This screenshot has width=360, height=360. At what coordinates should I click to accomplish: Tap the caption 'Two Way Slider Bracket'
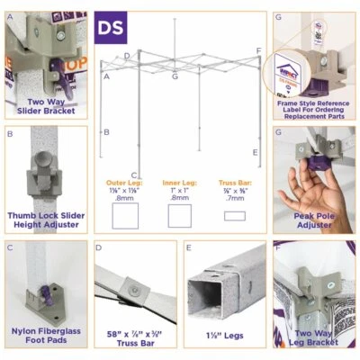click(x=44, y=107)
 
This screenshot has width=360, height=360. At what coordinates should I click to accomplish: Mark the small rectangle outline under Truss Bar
click(x=236, y=216)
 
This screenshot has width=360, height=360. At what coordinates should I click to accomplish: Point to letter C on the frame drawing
click(x=133, y=175)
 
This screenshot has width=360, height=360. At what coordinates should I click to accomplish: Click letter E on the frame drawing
click(x=256, y=152)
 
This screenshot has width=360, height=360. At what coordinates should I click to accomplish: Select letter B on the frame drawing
click(x=106, y=132)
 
